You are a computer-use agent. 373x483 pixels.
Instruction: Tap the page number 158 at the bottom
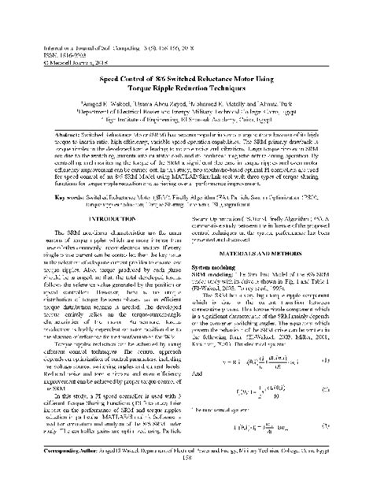coord(186,476)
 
